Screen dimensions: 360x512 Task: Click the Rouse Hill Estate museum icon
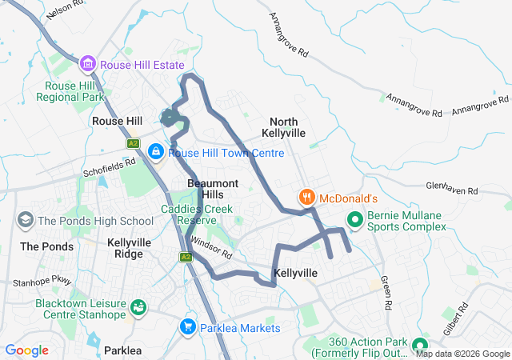[x=88, y=63]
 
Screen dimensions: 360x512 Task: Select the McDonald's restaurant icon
[x=306, y=196]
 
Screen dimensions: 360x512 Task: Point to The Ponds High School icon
[x=25, y=220]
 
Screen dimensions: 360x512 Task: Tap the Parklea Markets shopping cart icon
[x=188, y=326]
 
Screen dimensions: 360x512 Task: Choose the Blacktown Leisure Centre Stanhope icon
[x=138, y=306]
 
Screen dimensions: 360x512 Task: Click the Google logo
[x=26, y=350]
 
